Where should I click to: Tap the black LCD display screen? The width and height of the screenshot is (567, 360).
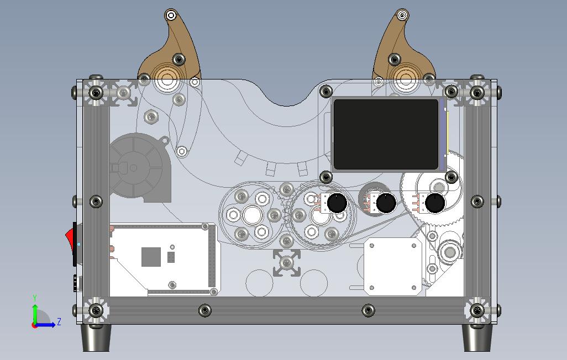pyautogui.click(x=386, y=134)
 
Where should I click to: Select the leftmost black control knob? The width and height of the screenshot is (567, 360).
pyautogui.click(x=337, y=204)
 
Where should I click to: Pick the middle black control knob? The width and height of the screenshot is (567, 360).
pyautogui.click(x=385, y=204)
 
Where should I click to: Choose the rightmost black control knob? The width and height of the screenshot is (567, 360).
pyautogui.click(x=435, y=204)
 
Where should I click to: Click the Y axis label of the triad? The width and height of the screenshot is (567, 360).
pyautogui.click(x=35, y=298)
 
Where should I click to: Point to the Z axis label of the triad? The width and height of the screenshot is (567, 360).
pyautogui.click(x=59, y=321)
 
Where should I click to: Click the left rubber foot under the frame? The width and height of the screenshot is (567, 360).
pyautogui.click(x=96, y=337)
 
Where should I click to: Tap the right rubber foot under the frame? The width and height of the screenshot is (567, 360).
pyautogui.click(x=476, y=337)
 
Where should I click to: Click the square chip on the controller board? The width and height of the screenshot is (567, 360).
pyautogui.click(x=151, y=256)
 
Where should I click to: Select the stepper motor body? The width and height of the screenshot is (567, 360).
pyautogui.click(x=391, y=266)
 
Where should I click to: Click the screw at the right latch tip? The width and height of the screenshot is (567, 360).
pyautogui.click(x=402, y=15)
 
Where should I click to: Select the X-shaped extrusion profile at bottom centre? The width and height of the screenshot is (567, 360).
pyautogui.click(x=287, y=262)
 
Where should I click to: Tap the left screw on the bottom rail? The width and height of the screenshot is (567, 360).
pyautogui.click(x=205, y=311)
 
